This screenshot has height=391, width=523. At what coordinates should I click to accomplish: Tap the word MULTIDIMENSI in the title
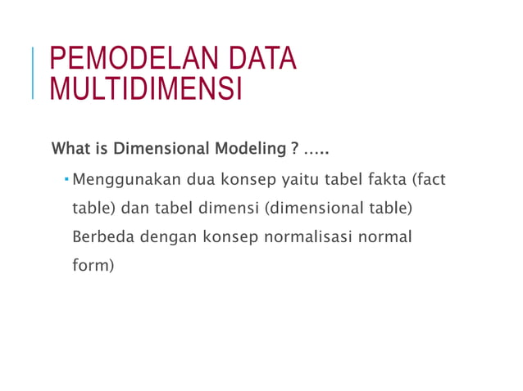point(146,88)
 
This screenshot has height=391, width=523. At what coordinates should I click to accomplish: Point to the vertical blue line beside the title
point(34,74)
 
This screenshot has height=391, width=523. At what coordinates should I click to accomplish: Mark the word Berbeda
point(102,237)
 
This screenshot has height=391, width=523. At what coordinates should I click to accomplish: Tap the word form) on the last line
point(91,266)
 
